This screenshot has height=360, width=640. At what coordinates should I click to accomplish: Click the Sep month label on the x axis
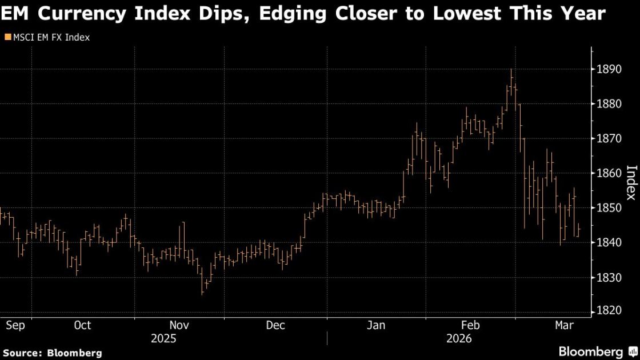coord(15,325)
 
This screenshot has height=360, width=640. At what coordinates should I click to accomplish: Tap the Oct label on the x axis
coord(82,325)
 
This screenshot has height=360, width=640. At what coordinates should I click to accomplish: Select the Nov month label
coord(179,325)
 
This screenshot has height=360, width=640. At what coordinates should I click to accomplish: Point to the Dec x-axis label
coord(275,325)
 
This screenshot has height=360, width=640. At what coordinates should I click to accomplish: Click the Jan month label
coord(375,325)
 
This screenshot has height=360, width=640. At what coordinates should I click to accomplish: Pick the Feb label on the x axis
coord(470,325)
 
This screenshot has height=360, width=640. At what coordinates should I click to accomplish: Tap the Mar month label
coord(565,325)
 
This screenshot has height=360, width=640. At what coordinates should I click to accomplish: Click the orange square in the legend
coord(7,38)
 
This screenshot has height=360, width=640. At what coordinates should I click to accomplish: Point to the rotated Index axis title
coord(631,183)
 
